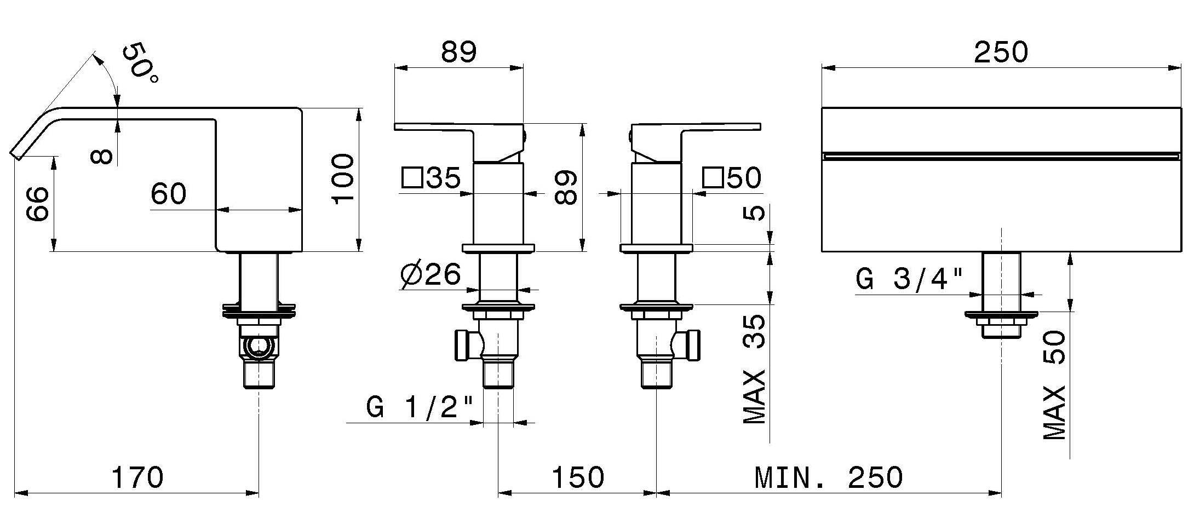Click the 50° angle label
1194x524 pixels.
pos(140,65)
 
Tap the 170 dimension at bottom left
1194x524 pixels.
pos(137,477)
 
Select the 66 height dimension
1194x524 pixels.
pos(37,204)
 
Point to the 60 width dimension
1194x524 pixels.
pos(169,193)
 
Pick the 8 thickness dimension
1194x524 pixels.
pos(102,157)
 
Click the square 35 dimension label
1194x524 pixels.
pos(430,178)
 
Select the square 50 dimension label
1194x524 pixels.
pos(732,178)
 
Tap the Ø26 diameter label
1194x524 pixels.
pos(430,274)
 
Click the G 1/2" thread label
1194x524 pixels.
pos(419,408)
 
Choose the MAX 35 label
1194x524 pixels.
pos(755,370)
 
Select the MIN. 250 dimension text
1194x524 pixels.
pos(828,478)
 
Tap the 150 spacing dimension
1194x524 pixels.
pos(577,478)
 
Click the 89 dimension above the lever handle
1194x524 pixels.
pos(459,53)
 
